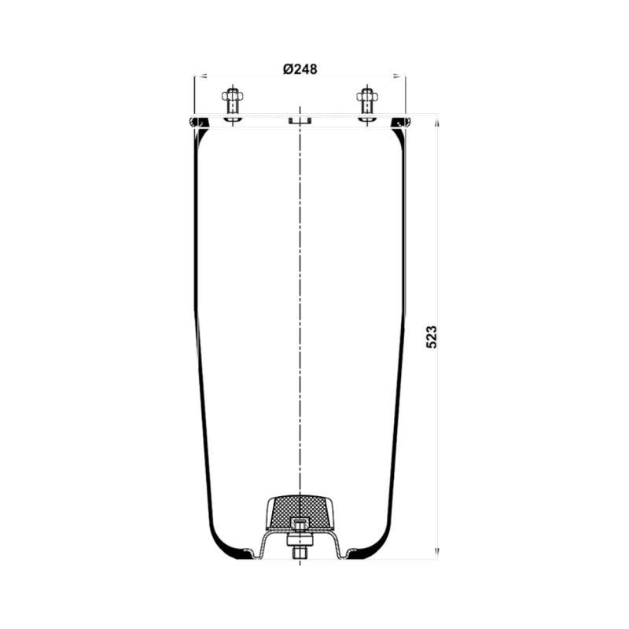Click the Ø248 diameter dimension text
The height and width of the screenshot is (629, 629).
click(300, 69)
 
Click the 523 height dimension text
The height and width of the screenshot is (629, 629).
click(431, 337)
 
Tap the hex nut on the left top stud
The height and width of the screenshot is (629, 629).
click(232, 96)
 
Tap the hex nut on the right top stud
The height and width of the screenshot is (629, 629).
click(367, 96)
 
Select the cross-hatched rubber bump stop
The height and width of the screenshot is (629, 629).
click(300, 513)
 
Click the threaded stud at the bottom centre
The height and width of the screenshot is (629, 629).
click(300, 554)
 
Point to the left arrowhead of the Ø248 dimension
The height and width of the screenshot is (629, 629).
click(200, 75)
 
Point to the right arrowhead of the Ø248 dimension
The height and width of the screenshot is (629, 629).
click(399, 75)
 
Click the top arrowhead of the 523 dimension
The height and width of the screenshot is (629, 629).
click(437, 121)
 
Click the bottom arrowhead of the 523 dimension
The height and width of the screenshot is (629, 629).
click(437, 553)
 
